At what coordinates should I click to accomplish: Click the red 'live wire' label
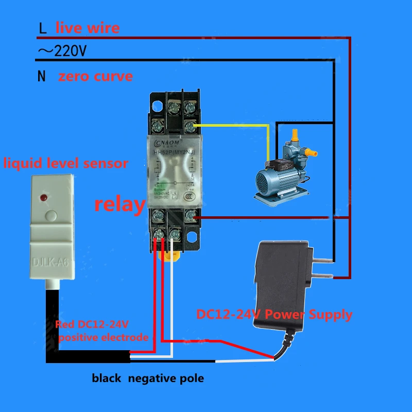pos(88,27)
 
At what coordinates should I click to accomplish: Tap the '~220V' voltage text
pos(62,51)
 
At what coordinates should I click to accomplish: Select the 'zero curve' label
pos(95,77)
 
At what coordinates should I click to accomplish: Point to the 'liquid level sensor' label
pos(66,164)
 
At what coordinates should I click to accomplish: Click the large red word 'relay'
pos(120,204)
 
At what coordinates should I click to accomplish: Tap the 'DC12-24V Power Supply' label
pos(274,314)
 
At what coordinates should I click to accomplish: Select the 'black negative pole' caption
pos(148,379)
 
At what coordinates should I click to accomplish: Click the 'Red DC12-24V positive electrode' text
pos(103,331)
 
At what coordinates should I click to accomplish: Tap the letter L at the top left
pos(43,27)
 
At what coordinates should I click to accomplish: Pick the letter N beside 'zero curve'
pos(42,77)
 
